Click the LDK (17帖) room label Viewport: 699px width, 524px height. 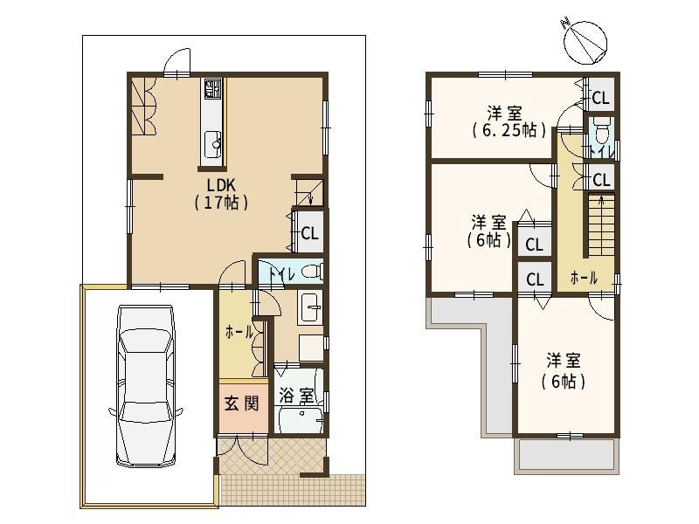(x=221, y=194)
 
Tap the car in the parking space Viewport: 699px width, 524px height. (x=145, y=386)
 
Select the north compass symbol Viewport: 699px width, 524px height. (x=585, y=41)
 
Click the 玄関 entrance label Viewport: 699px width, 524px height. (x=241, y=403)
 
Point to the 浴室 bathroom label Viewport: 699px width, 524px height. (x=296, y=396)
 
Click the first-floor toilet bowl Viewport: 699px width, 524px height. (x=311, y=271)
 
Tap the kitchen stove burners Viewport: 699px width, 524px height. (x=212, y=88)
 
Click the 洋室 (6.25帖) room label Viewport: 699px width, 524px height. (x=509, y=121)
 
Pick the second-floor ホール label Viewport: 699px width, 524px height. (x=584, y=278)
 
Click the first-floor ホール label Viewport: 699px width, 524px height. (x=239, y=332)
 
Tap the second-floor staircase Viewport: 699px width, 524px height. (x=600, y=224)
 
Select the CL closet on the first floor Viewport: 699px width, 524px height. (x=310, y=232)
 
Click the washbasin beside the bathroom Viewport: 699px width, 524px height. (x=310, y=307)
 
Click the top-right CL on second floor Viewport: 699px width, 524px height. (x=600, y=97)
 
